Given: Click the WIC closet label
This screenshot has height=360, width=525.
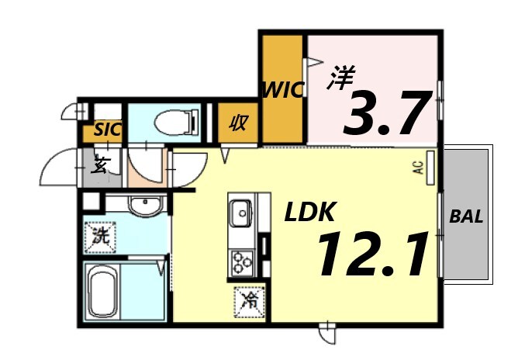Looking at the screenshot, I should pos(281,89).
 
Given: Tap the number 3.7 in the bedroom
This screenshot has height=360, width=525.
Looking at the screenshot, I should pos(385,112).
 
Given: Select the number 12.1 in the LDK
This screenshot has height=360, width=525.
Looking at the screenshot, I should pos(372,254).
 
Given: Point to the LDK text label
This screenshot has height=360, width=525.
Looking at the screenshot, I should pos(308,212).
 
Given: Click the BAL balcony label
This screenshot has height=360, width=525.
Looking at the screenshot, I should pos(466,217).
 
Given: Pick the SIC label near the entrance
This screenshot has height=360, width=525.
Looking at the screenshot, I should pos(107,130).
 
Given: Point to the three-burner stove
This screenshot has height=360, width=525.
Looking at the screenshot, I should pos(240,261).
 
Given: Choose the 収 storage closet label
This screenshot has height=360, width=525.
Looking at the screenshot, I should pos(237,123).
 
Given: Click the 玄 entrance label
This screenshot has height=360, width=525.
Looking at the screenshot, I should pos(100,164).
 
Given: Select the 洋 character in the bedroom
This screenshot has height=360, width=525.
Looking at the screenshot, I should pos(342,78).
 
